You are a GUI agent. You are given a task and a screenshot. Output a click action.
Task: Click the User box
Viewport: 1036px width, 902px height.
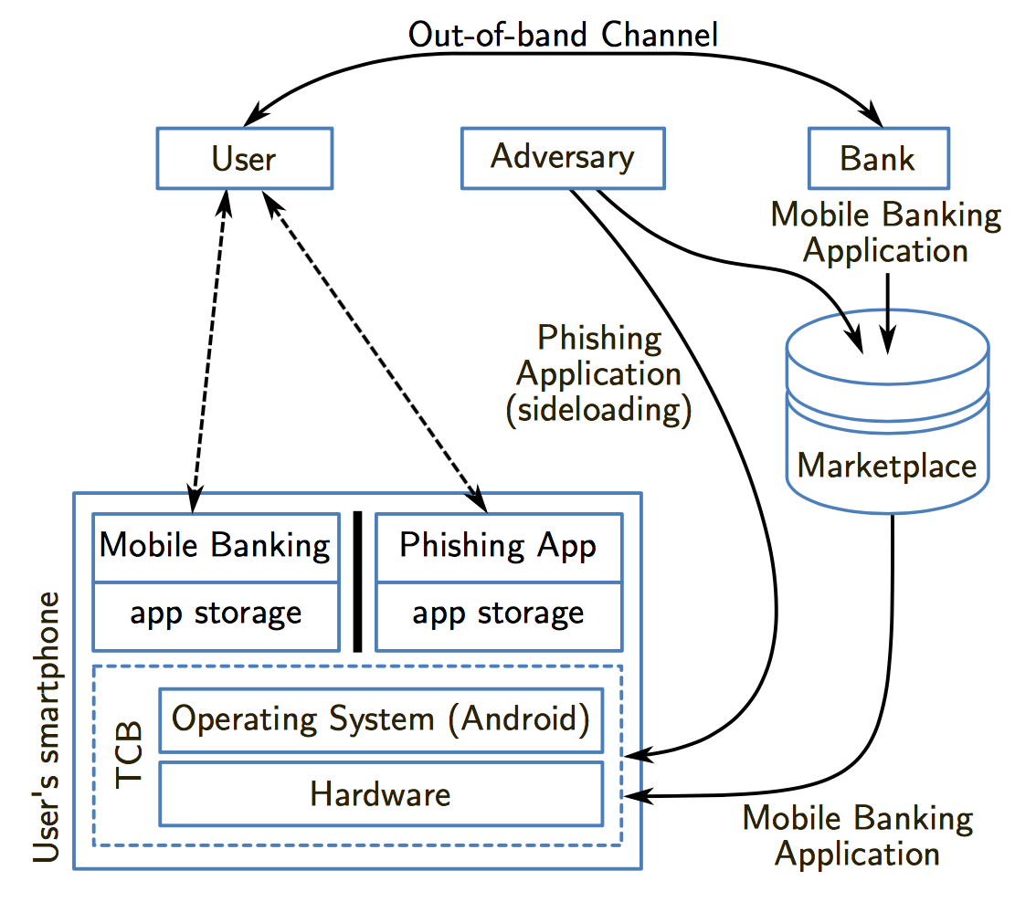point(244,159)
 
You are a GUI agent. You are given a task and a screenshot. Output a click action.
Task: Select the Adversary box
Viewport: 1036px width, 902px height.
point(562,157)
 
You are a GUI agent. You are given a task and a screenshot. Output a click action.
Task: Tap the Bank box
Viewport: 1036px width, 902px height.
point(877,159)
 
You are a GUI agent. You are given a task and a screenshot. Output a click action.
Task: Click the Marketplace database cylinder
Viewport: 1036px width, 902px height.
point(887,420)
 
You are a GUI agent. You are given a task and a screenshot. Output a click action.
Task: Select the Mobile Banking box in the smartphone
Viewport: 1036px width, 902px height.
point(215,547)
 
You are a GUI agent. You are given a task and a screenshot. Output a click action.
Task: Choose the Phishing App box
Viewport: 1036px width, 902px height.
point(498,547)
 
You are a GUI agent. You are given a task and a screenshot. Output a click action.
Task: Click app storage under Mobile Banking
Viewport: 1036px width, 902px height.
point(215,614)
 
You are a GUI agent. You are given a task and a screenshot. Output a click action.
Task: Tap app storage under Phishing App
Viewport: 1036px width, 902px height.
point(498,614)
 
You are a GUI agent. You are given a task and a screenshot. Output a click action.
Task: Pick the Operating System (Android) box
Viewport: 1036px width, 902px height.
point(381,719)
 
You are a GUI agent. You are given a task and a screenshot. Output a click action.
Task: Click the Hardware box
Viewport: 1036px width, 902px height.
point(381,792)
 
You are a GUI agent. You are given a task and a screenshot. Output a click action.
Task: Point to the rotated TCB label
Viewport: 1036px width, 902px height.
point(130,754)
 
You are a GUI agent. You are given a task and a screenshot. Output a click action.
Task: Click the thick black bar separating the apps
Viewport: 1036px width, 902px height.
point(357,582)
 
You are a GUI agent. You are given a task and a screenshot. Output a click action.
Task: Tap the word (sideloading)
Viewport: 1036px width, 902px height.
point(599,410)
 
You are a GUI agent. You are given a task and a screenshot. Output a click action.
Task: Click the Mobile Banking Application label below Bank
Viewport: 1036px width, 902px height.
point(885,233)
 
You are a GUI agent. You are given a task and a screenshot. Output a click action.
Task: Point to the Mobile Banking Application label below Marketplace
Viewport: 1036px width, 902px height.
point(858,836)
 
